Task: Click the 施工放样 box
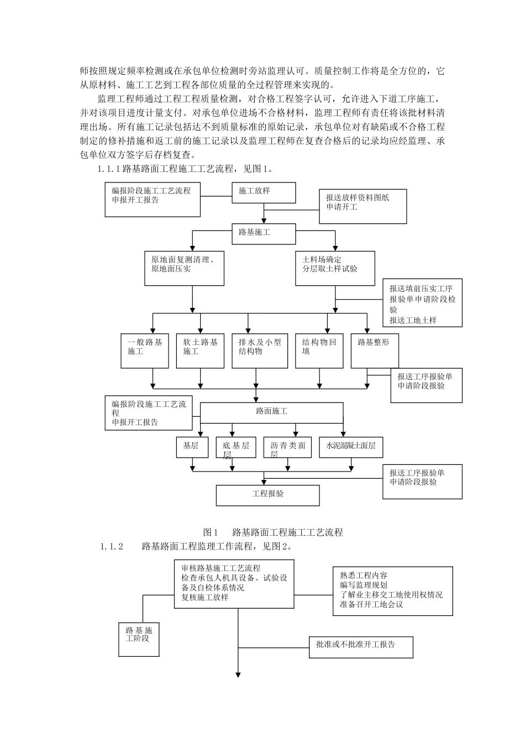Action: click(263, 192)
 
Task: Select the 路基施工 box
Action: click(263, 233)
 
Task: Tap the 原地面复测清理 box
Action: click(184, 268)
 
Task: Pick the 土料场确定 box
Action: click(335, 268)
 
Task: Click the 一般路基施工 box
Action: click(145, 350)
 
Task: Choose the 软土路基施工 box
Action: click(200, 350)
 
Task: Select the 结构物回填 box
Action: click(319, 350)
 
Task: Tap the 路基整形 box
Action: click(375, 350)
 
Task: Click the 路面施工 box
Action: click(271, 412)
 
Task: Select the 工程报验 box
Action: click(267, 495)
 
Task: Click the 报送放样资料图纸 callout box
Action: click(363, 206)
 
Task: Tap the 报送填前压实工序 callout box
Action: click(423, 303)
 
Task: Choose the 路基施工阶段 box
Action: click(139, 639)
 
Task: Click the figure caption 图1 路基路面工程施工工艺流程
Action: click(273, 532)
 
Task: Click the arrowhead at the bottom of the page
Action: click(239, 675)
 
